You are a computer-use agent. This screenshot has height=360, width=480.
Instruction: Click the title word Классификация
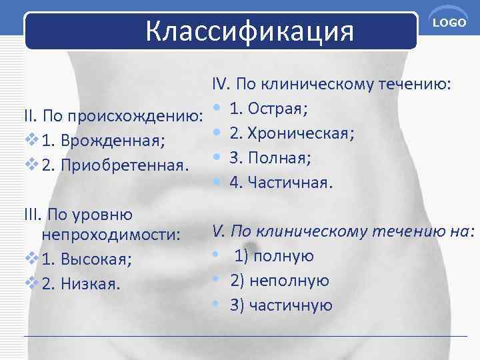pos(249,30)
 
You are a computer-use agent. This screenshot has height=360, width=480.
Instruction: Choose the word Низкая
pos(91,284)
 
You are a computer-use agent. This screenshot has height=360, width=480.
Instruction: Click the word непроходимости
pos(111,235)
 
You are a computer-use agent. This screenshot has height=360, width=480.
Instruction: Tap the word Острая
pos(278,109)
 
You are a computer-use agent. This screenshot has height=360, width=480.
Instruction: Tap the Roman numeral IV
pos(221,85)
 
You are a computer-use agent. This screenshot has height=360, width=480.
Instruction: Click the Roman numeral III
pos(33,215)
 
